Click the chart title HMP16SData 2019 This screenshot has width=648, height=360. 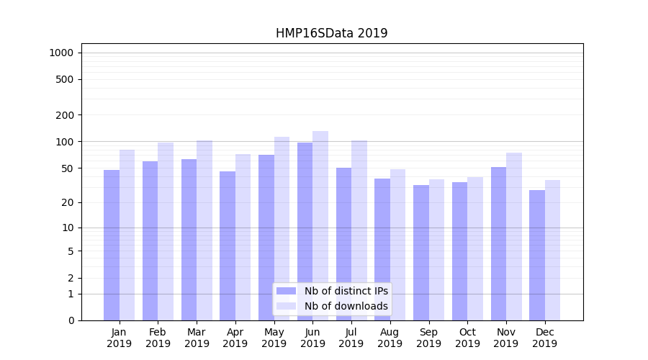coord(331,33)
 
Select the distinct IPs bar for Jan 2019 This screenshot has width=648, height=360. coord(112,245)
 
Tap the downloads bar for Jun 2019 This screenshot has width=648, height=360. coord(320,225)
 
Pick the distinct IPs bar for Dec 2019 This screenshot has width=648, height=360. coord(537,255)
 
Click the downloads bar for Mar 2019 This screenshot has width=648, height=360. coord(204,230)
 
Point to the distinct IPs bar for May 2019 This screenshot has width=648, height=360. coord(266,238)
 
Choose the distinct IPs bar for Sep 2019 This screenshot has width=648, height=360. coord(421,253)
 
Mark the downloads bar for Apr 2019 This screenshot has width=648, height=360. coord(243,237)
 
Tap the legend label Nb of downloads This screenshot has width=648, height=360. coord(346,306)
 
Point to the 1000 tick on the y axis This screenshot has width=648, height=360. coord(61,53)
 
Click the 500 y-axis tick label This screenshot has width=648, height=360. coord(65,79)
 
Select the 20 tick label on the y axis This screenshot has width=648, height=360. coord(67,202)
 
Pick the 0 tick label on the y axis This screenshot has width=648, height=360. coord(71,320)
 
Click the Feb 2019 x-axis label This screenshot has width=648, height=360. coord(158,338)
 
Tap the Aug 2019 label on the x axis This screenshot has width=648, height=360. coord(390,338)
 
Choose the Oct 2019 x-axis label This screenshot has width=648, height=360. coord(467,338)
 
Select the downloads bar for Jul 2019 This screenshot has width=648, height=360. coord(359,230)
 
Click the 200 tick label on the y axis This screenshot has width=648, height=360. coord(65,115)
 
